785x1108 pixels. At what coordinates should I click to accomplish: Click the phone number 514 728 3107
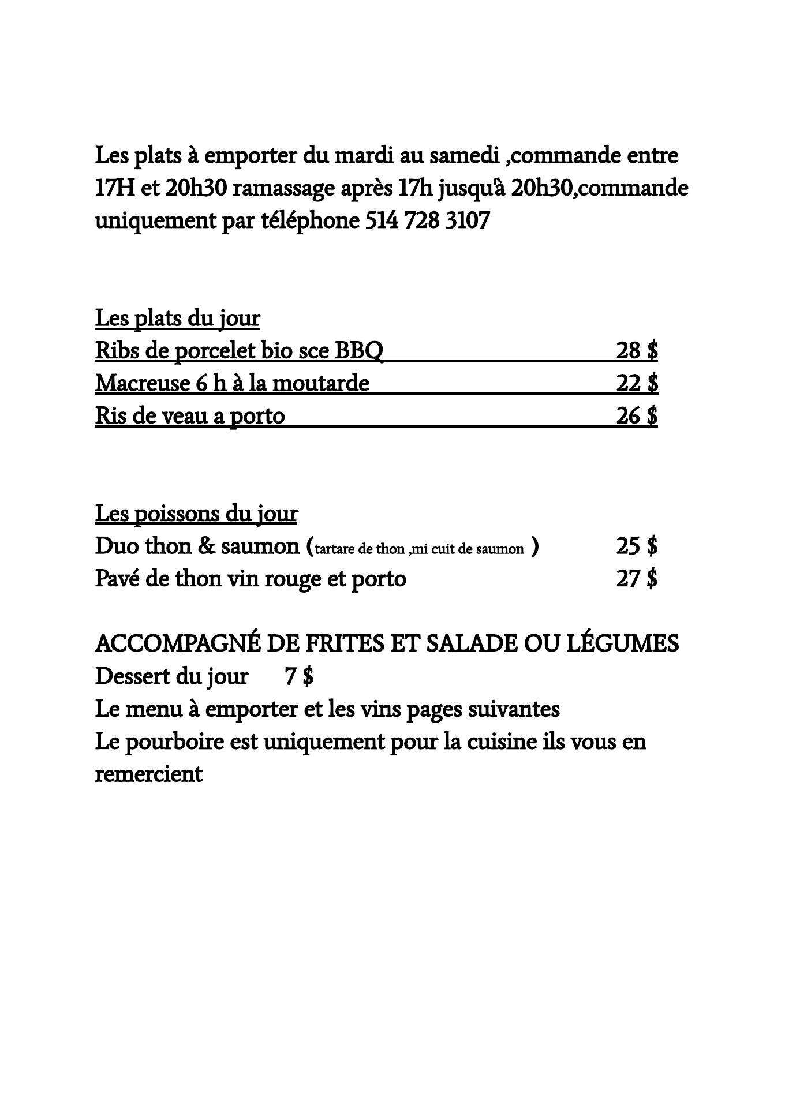(427, 220)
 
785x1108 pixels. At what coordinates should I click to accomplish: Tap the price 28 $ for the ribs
(637, 350)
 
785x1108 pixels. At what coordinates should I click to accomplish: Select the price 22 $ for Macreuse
(637, 383)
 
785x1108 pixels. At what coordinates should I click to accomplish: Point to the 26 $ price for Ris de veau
(637, 415)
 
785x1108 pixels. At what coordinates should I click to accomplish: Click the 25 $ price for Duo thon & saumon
(637, 546)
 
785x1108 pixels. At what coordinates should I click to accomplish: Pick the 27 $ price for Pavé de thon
(637, 578)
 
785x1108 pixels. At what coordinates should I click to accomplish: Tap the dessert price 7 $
(299, 676)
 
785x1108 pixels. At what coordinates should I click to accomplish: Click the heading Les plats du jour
(177, 318)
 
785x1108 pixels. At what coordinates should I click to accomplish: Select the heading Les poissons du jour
(196, 514)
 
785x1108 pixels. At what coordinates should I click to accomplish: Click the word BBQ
(359, 351)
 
